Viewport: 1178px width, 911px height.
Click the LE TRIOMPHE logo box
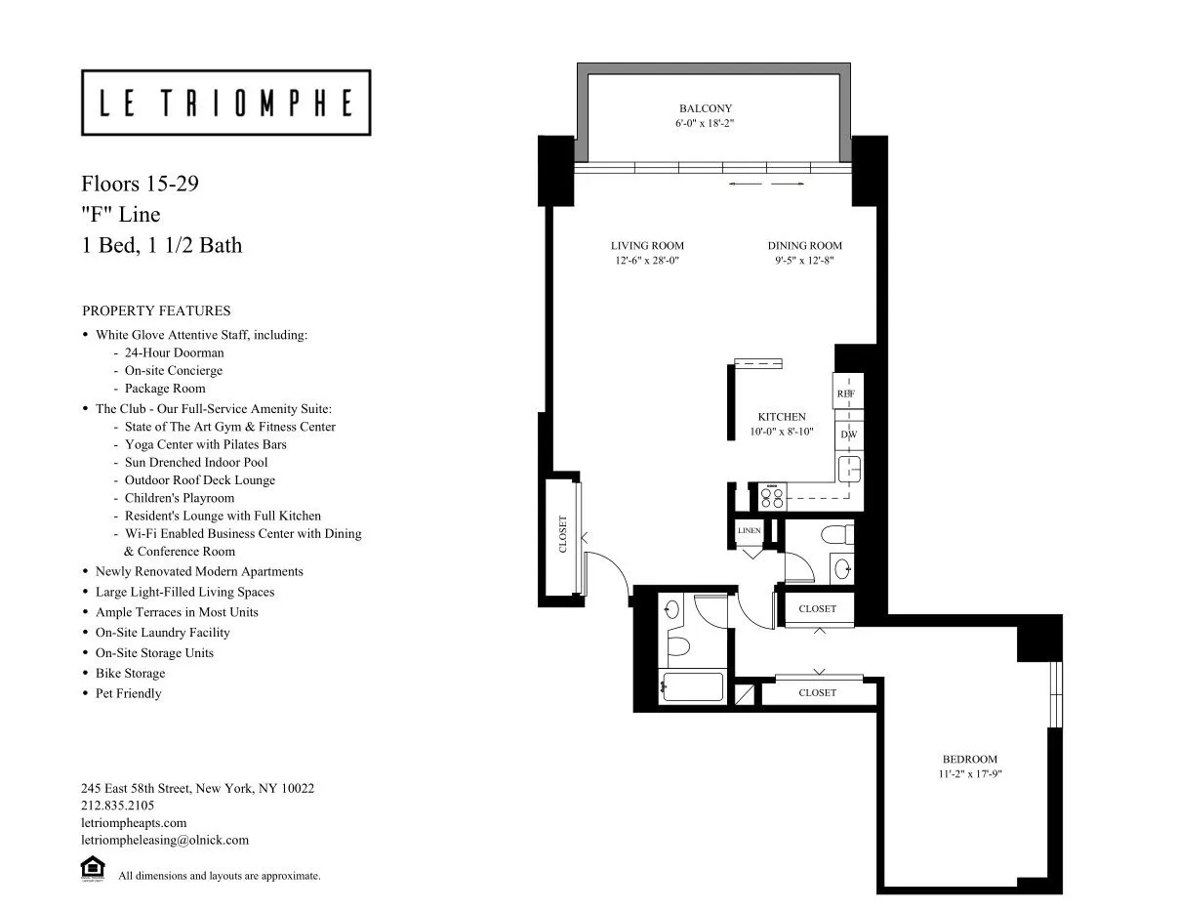pos(225,103)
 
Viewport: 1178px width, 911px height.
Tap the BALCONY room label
pos(706,108)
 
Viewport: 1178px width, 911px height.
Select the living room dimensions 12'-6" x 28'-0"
pos(647,261)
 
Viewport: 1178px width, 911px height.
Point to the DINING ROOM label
pos(804,245)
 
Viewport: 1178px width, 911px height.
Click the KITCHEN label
pos(782,417)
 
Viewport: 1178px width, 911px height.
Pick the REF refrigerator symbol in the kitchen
pos(846,393)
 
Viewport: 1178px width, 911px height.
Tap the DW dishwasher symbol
pos(847,435)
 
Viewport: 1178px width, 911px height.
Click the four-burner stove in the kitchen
pos(773,497)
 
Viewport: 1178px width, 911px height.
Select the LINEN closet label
pos(750,530)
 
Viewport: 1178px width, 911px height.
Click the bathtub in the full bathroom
pos(692,685)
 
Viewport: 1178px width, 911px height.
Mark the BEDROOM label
pos(969,759)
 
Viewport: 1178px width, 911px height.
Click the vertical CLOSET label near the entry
pos(563,534)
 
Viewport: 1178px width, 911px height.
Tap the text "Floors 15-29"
pos(141,184)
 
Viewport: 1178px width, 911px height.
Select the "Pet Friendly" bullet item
pos(128,693)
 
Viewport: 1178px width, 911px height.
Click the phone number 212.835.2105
pos(117,806)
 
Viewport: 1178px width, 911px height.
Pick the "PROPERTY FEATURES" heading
pos(156,311)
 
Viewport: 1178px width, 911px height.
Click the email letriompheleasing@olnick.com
pos(165,840)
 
